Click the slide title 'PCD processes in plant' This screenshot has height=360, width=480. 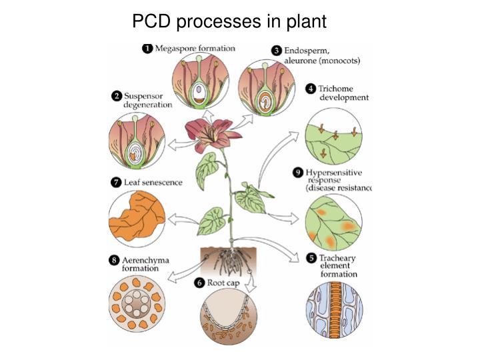click(229, 21)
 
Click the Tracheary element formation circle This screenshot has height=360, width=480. click(333, 314)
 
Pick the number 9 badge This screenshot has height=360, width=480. click(298, 173)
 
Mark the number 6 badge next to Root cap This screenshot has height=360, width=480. click(199, 283)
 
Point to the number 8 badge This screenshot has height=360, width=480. click(115, 259)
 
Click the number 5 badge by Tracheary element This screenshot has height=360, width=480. click(311, 258)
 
